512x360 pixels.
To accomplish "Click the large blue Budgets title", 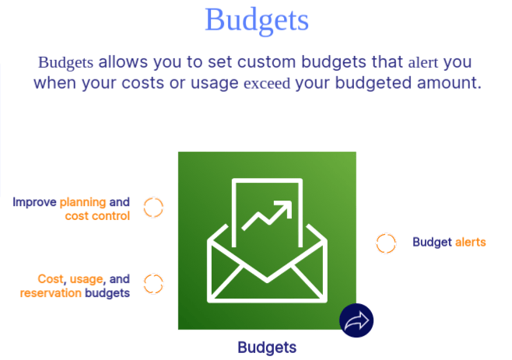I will pos(257,20).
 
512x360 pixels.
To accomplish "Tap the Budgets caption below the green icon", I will pos(267,347).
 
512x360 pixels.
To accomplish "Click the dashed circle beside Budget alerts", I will pos(386,243).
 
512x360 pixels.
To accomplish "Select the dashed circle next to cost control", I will pos(153,208).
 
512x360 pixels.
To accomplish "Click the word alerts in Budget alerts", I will pos(470,242).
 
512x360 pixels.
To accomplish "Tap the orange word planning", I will pos(82,201).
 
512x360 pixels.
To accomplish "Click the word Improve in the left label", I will pos(34,201).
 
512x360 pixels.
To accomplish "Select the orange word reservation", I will pos(51,292).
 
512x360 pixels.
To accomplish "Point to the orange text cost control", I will pos(97,215).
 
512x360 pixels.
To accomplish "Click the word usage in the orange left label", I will pos(86,278).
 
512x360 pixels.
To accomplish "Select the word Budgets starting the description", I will pos(66,61).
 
